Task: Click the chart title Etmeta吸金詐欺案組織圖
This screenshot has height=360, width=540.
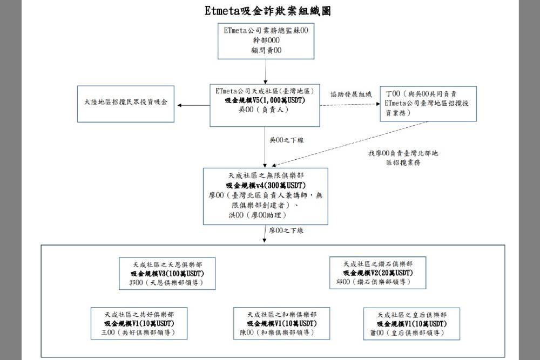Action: click(x=268, y=11)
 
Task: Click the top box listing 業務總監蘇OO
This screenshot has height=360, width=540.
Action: click(x=266, y=41)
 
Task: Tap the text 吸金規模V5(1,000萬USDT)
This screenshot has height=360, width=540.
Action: click(x=265, y=100)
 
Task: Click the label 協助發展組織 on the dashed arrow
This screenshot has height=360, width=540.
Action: click(x=351, y=94)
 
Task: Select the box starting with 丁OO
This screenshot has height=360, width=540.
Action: click(x=428, y=103)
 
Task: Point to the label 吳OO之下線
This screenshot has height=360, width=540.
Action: click(x=287, y=140)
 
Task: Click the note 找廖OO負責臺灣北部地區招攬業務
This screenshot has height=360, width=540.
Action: click(x=403, y=158)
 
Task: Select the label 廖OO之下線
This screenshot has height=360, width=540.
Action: click(x=287, y=230)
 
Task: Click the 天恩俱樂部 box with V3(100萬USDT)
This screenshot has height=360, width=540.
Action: click(x=167, y=273)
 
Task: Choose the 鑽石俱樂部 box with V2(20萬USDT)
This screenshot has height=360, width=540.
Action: click(x=377, y=273)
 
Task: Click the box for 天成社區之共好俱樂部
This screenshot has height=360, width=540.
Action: click(x=139, y=323)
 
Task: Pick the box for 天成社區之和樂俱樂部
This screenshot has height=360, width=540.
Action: click(x=282, y=323)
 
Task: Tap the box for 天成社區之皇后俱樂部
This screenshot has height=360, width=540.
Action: click(x=411, y=323)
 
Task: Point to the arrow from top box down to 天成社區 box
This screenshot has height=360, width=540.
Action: click(x=266, y=71)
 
